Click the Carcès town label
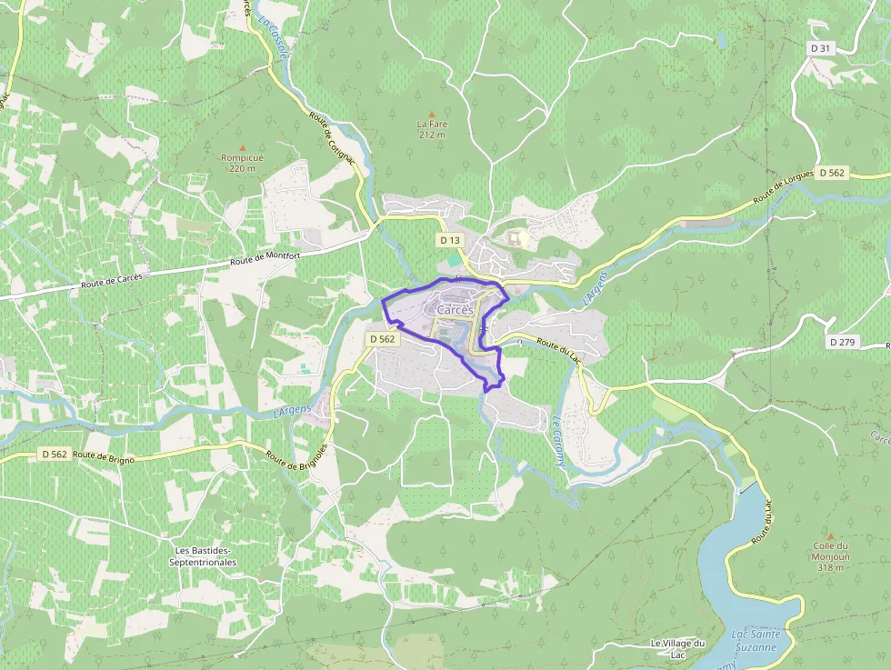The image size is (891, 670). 455,310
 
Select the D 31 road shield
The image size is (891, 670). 819,47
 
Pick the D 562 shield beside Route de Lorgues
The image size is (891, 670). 831,172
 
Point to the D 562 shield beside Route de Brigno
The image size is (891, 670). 55,454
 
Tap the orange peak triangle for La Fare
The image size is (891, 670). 432,114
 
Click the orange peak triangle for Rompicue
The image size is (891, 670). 242,147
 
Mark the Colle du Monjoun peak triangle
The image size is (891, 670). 830,536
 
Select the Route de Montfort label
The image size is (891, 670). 265,259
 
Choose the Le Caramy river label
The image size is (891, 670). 559,441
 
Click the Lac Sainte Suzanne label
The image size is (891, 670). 754,640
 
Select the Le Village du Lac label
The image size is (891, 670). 677,649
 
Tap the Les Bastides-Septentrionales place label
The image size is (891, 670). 203,556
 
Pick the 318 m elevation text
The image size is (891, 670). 830,567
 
